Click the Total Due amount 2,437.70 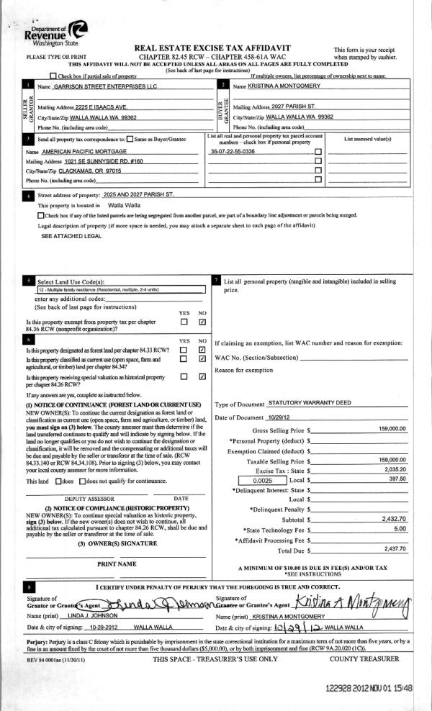pos(395,548)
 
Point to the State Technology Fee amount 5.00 pos(400,528)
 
